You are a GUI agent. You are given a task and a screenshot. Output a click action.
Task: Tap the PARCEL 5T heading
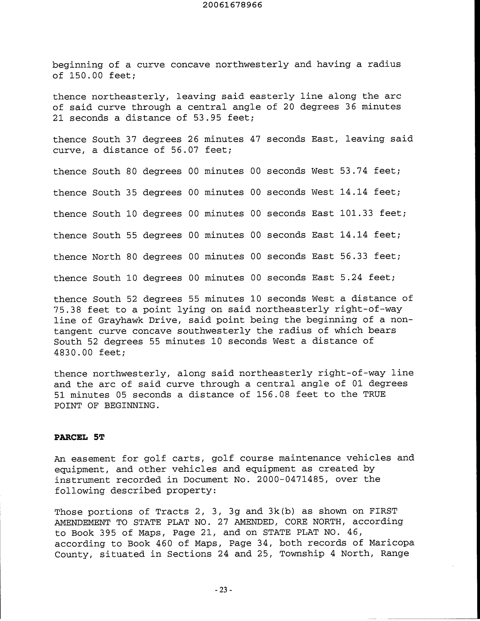(x=79, y=437)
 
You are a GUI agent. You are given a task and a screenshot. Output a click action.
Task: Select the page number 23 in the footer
(x=223, y=590)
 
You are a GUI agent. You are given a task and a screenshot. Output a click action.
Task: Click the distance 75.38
(x=68, y=310)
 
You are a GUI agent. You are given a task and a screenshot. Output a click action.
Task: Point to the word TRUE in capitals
(x=374, y=395)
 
